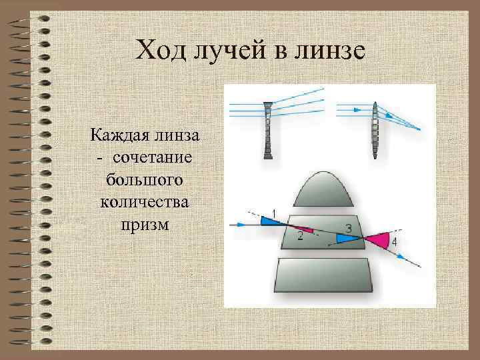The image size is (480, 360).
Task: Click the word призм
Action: pos(145,223)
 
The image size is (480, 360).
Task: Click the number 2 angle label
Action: pos(301,236)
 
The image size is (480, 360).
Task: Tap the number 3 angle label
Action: pos(349,229)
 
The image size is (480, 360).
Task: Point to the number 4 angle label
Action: pos(394,241)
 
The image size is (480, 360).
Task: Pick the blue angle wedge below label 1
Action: pos(270,222)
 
